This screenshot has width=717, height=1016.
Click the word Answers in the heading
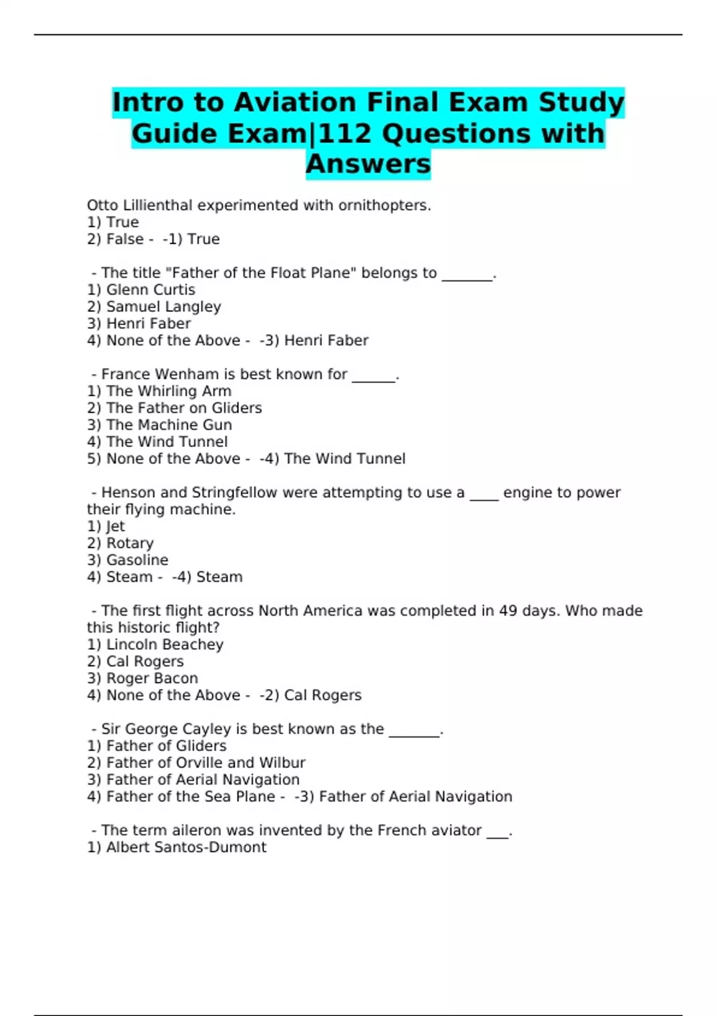point(368,164)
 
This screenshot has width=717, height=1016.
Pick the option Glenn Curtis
point(151,290)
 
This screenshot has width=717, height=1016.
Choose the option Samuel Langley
point(163,307)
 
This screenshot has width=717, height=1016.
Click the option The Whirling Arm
point(168,391)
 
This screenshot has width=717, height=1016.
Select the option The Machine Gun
point(169,425)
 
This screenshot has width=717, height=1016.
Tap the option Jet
point(115,527)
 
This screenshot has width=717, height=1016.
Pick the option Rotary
point(130,543)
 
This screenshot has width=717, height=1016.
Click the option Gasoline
point(137,560)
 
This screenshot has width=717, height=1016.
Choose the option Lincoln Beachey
point(164,645)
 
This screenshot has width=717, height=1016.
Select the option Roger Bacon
point(152,678)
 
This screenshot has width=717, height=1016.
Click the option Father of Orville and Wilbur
point(206,763)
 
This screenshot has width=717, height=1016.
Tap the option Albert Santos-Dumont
point(186,847)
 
